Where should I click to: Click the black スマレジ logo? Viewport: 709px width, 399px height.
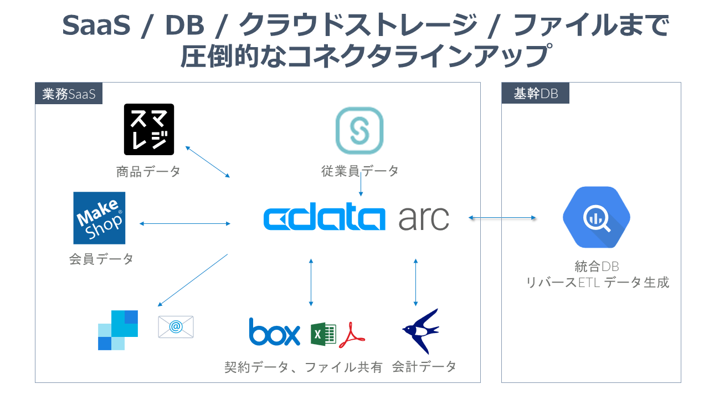149,129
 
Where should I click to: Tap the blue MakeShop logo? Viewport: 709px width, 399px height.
99,218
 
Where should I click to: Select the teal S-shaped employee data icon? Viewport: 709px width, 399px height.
359,130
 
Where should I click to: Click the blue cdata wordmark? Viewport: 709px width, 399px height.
324,219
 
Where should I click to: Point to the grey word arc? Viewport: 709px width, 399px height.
424,219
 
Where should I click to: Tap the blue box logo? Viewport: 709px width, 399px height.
274,331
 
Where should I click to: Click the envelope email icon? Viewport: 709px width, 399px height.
176,326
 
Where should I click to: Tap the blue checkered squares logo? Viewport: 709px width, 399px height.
118,330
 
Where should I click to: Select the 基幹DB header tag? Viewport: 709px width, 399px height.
535,94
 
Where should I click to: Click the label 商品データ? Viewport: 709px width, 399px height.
148,171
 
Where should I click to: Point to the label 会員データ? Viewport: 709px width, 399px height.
101,259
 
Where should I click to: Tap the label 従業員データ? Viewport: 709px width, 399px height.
360,171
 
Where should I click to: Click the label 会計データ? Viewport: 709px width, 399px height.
424,366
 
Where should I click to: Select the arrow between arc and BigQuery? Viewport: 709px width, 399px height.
502,218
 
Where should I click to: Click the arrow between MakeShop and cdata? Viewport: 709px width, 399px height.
185,224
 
